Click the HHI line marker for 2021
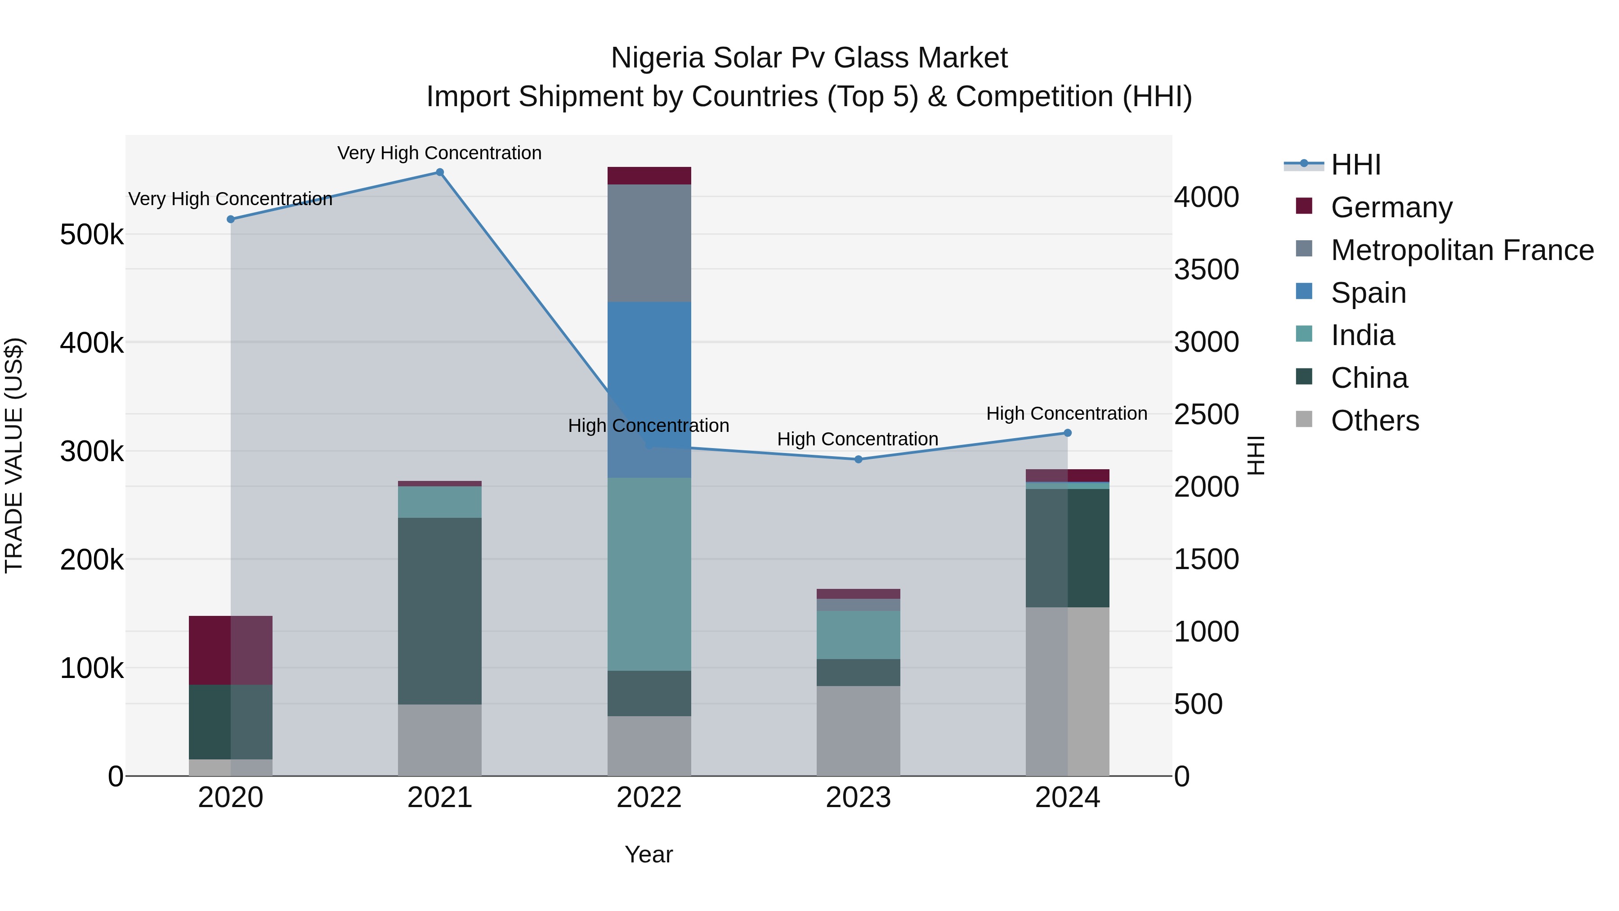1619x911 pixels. [x=440, y=172]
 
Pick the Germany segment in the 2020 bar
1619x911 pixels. [x=231, y=650]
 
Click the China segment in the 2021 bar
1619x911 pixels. [x=440, y=610]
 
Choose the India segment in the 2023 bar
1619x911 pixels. [x=859, y=634]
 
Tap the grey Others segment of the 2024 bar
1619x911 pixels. [x=1067, y=691]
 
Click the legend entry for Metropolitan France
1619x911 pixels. [x=1462, y=250]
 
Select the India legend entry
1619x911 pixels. [x=1363, y=335]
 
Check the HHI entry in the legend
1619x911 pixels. [x=1355, y=165]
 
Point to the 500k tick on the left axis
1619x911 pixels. [x=92, y=235]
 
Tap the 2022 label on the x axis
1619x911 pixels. [x=649, y=797]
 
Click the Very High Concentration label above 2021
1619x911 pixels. [x=439, y=153]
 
